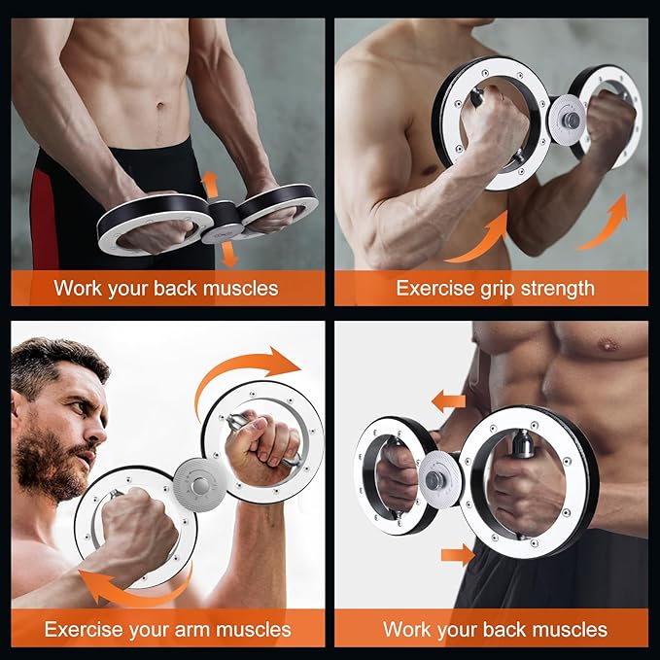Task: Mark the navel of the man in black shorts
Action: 160,105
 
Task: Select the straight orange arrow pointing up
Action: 209,185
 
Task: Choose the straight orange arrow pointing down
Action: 229,255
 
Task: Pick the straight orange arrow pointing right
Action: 458,555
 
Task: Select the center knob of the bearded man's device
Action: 200,485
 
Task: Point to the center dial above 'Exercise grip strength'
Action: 567,120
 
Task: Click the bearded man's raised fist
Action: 262,447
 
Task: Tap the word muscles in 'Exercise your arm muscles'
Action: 254,630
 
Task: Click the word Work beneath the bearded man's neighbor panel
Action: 407,630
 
